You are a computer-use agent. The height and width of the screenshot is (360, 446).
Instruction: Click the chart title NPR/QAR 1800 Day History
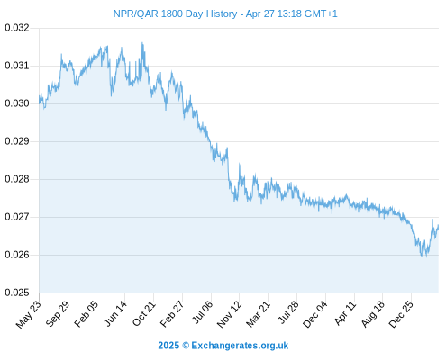pyautogui.click(x=175, y=13)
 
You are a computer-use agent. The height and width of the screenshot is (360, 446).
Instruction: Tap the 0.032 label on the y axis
pyautogui.click(x=17, y=28)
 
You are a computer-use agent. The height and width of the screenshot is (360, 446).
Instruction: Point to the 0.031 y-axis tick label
pyautogui.click(x=17, y=66)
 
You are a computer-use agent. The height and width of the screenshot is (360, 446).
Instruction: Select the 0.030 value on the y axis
pyautogui.click(x=17, y=103)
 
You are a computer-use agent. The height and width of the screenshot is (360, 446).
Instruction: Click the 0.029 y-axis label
pyautogui.click(x=17, y=141)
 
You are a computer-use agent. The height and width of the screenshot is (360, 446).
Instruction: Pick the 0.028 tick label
pyautogui.click(x=17, y=179)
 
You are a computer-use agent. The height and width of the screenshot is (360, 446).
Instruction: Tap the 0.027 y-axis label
pyautogui.click(x=17, y=217)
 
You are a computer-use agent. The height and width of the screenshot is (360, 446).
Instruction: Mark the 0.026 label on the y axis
pyautogui.click(x=17, y=255)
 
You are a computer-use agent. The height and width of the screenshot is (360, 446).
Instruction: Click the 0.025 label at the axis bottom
pyautogui.click(x=17, y=292)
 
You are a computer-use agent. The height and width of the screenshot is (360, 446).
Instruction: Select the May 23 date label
pyautogui.click(x=29, y=314)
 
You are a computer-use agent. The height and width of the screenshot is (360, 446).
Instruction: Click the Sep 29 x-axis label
pyautogui.click(x=58, y=314)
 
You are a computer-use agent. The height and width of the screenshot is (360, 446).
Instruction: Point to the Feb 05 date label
pyautogui.click(x=86, y=314)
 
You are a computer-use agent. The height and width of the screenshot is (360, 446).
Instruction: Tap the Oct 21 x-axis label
pyautogui.click(x=144, y=314)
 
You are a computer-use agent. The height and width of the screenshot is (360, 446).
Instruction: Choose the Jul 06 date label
pyautogui.click(x=202, y=312)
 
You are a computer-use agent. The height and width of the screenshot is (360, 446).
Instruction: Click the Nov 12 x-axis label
pyautogui.click(x=229, y=314)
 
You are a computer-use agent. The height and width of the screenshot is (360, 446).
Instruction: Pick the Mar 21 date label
pyautogui.click(x=258, y=314)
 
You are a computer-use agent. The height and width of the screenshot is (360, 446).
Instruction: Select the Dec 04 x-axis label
pyautogui.click(x=315, y=314)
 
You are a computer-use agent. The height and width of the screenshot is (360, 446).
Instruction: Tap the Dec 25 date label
pyautogui.click(x=401, y=314)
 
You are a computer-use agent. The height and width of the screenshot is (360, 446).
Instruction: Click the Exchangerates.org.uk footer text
pyautogui.click(x=240, y=346)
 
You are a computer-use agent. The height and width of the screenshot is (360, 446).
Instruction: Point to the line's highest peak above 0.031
pyautogui.click(x=142, y=43)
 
